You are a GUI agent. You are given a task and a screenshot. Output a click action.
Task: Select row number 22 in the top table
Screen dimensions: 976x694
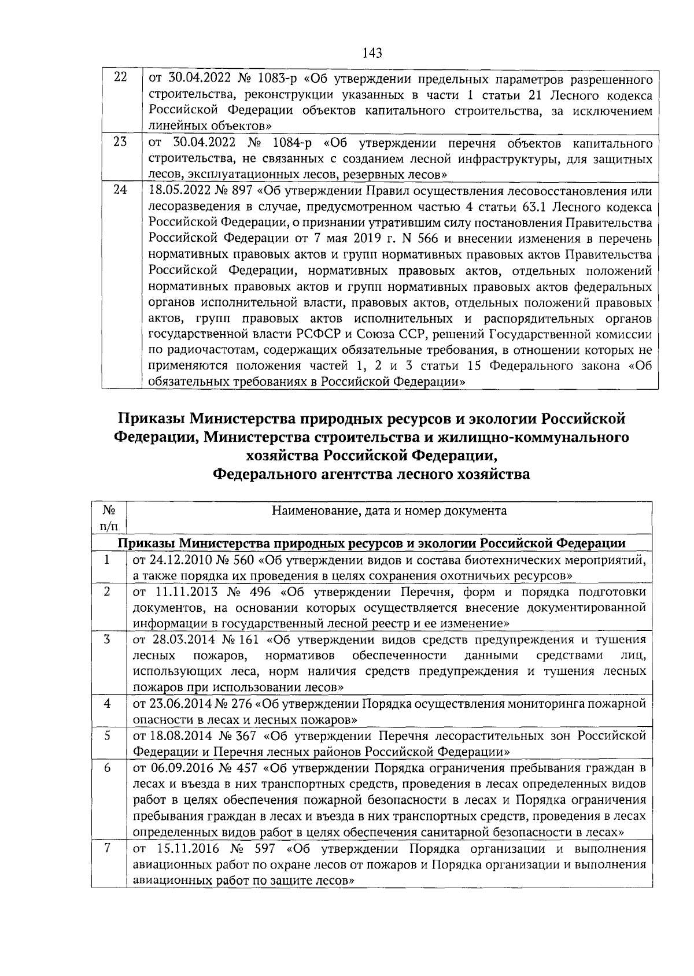pyautogui.click(x=120, y=77)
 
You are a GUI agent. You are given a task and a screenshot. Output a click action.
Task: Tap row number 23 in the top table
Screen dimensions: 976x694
pyautogui.click(x=120, y=142)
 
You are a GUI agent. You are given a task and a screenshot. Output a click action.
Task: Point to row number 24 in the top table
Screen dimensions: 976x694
pyautogui.click(x=120, y=190)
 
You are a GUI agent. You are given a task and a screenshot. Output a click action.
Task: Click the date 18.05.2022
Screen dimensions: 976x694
pyautogui.click(x=173, y=191)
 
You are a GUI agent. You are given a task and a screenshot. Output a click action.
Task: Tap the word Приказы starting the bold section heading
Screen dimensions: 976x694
pyautogui.click(x=152, y=418)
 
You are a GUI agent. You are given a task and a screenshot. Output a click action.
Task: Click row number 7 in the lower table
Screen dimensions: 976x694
pyautogui.click(x=107, y=848)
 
